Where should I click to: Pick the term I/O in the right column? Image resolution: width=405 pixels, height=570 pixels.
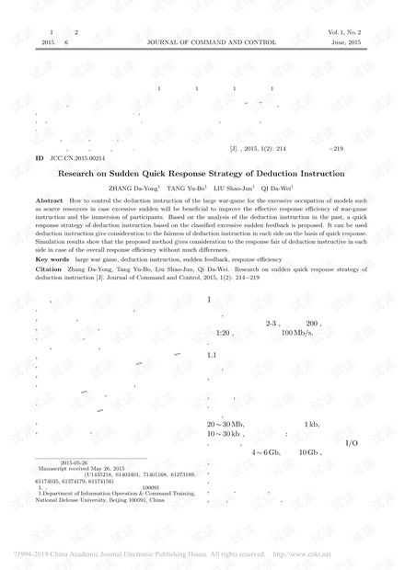(350, 444)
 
